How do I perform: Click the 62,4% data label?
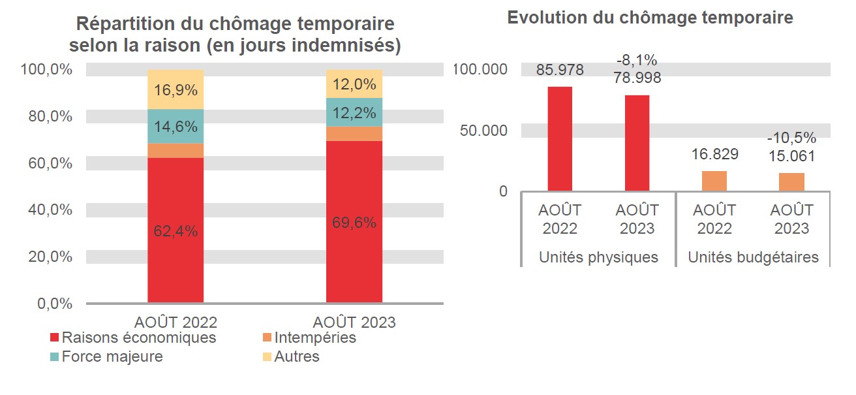(x=175, y=231)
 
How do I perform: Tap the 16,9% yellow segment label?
(x=175, y=89)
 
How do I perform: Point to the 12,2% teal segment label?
(x=354, y=113)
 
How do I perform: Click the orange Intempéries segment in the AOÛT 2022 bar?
(x=175, y=150)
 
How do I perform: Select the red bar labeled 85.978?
(x=560, y=138)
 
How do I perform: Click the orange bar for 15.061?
(x=791, y=182)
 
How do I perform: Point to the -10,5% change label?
(x=791, y=138)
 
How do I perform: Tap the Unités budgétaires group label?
(x=753, y=257)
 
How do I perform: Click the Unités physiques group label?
(x=598, y=257)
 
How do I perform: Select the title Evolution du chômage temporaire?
(x=650, y=18)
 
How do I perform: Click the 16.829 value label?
(x=714, y=154)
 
